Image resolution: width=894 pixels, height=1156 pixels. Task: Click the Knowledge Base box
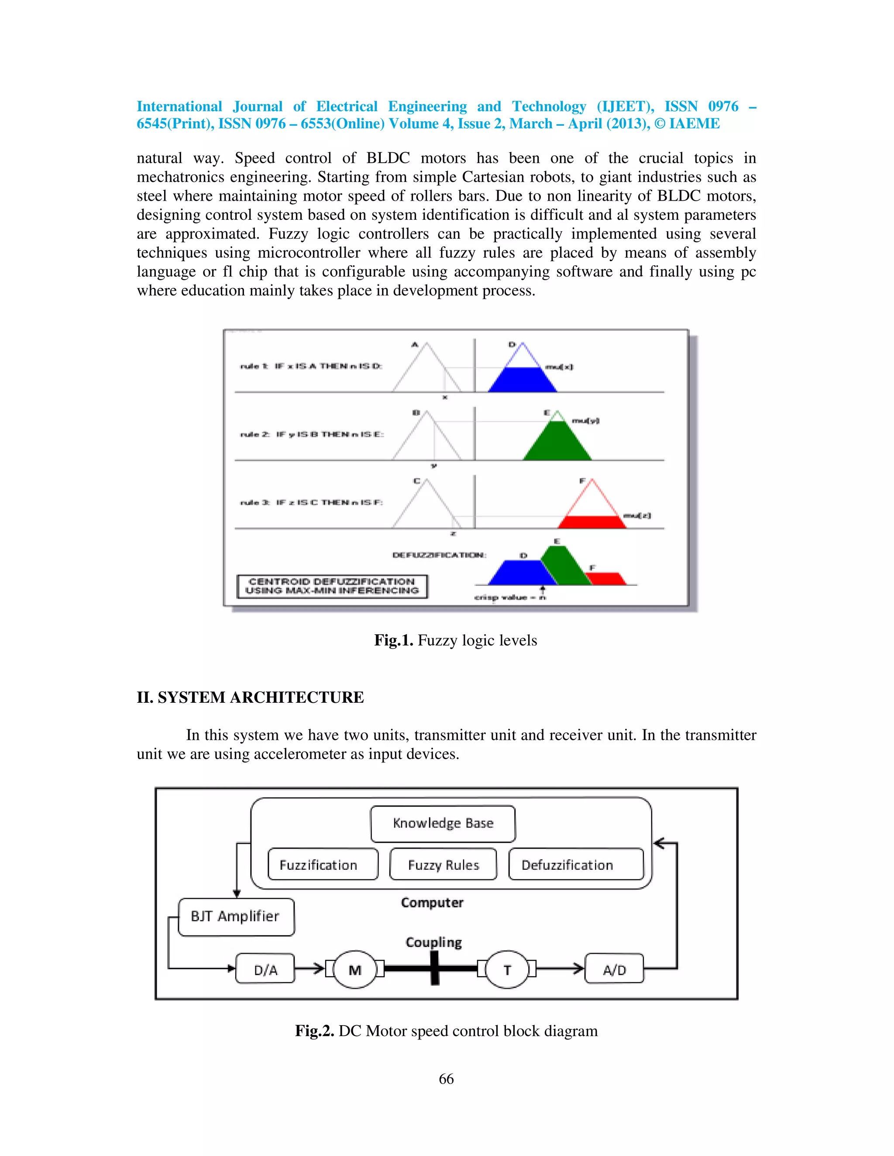click(x=443, y=824)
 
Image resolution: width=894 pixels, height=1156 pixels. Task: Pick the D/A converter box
click(x=265, y=969)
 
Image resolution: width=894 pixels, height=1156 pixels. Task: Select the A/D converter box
click(x=614, y=969)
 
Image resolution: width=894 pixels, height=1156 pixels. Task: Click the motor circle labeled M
click(x=355, y=969)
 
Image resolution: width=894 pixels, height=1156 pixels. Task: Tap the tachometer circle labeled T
click(x=507, y=969)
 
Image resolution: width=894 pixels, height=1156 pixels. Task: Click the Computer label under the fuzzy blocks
click(x=432, y=903)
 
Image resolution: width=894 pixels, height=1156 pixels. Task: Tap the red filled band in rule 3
click(x=592, y=522)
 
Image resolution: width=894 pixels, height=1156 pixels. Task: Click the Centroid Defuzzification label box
click(x=332, y=586)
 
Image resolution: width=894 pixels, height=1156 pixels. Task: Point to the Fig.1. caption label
click(x=393, y=640)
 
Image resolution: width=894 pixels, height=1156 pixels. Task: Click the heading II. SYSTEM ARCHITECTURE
click(x=250, y=698)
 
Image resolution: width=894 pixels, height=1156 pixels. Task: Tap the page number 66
click(x=446, y=1079)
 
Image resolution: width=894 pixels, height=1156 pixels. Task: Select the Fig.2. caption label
click(x=315, y=1031)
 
